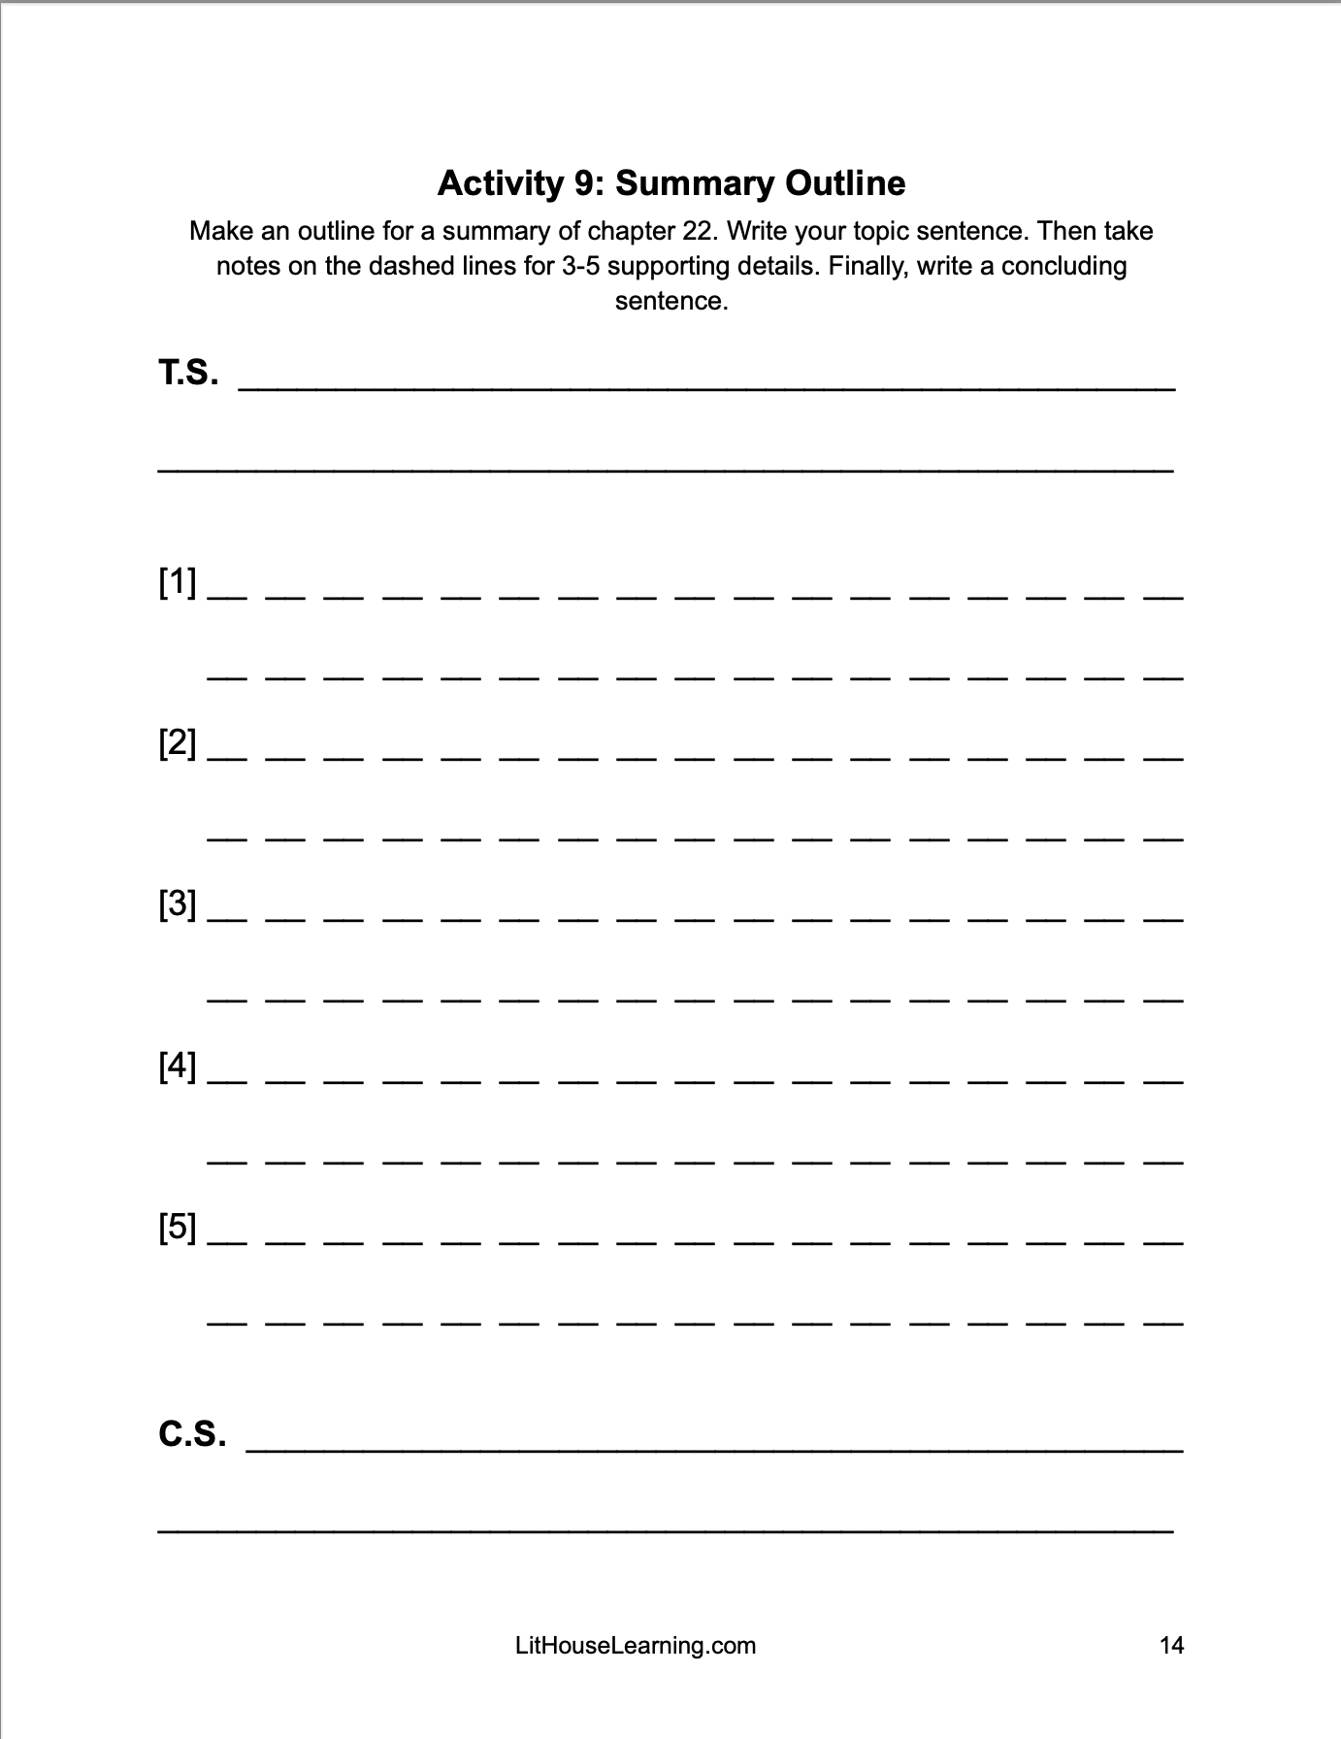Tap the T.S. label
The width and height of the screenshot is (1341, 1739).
coord(188,373)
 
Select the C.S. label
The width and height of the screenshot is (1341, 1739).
coord(192,1433)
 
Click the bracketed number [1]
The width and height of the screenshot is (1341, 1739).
coord(178,583)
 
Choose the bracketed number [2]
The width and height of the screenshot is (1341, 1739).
coord(178,744)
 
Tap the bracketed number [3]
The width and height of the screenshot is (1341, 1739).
coord(178,905)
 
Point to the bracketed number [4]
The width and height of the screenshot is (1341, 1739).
coord(178,1067)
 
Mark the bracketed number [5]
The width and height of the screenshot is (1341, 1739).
coord(178,1229)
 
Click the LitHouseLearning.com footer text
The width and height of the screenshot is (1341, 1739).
coord(636,1646)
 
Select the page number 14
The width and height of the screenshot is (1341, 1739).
coord(1171,1646)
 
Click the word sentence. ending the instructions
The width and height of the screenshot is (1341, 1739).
coord(671,301)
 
